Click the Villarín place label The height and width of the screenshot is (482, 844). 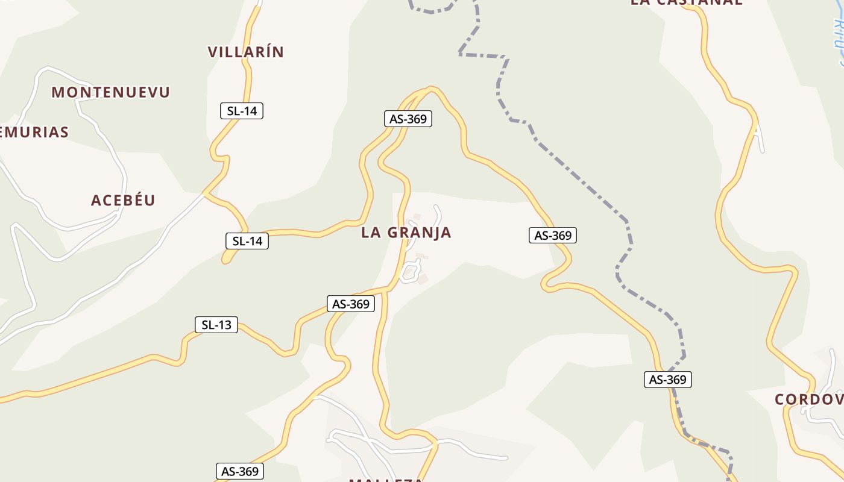coord(245,52)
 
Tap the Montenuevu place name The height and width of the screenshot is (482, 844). coord(111,92)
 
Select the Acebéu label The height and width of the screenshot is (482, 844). coord(123,201)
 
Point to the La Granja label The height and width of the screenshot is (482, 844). coord(406,233)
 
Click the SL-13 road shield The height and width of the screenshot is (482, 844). coord(216,325)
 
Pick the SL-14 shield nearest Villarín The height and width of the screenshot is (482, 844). coord(242,111)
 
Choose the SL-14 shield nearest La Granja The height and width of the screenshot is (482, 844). coord(247,241)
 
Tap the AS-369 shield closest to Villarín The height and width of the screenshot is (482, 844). coord(408,119)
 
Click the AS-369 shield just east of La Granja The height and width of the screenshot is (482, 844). coord(553,235)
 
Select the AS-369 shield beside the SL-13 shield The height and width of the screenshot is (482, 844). coord(351,304)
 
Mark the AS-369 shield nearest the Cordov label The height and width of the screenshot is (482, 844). coord(668,380)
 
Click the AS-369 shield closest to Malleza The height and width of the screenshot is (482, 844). coord(240,471)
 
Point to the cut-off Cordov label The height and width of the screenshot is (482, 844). coord(808,399)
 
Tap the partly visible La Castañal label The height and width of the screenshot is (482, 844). coord(686,2)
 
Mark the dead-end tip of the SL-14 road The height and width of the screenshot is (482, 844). coord(225,260)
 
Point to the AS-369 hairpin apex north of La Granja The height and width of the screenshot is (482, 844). coord(430,90)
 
